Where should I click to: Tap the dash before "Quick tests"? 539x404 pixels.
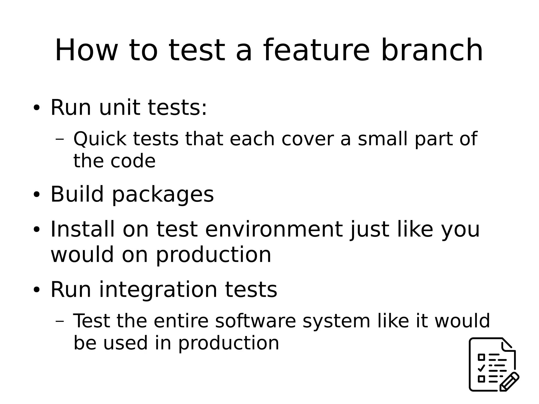(x=60, y=139)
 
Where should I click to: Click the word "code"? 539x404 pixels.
(x=133, y=161)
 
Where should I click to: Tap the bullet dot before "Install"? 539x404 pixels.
(x=36, y=230)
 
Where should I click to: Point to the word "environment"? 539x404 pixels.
(x=274, y=229)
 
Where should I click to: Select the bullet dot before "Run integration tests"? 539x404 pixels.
(x=36, y=290)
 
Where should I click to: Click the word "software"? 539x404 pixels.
(x=256, y=321)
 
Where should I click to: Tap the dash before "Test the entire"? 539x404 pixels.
(x=60, y=321)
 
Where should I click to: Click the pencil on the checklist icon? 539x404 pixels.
(x=509, y=382)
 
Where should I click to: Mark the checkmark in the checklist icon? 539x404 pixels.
(x=481, y=368)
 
